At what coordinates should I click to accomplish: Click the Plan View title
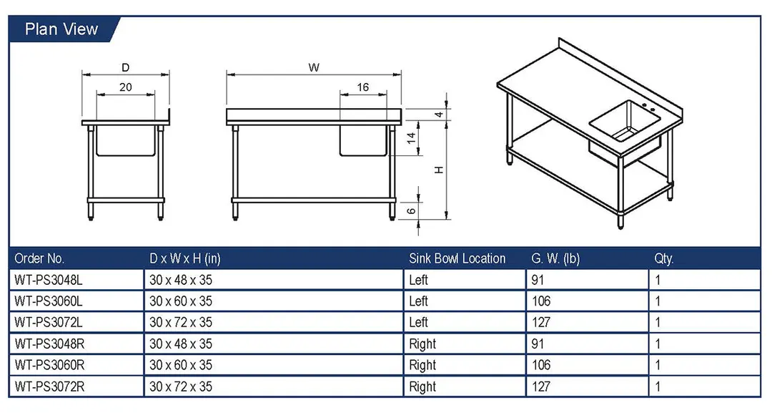[x=61, y=29]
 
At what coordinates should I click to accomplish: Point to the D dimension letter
[x=126, y=67]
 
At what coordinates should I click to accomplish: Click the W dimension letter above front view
[x=314, y=67]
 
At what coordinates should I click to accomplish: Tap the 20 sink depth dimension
[x=126, y=87]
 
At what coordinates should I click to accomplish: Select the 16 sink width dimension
[x=362, y=87]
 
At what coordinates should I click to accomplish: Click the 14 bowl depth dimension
[x=411, y=138]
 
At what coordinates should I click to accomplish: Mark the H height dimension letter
[x=439, y=170]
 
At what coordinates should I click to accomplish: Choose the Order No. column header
[x=39, y=258]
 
